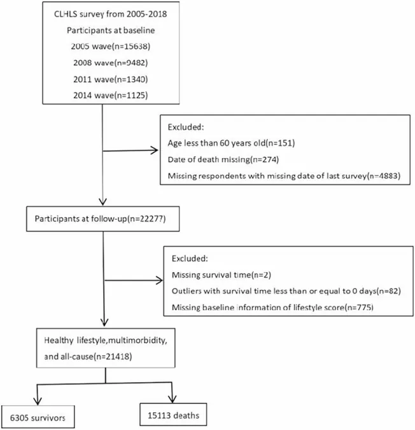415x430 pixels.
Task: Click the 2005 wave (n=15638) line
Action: click(x=110, y=47)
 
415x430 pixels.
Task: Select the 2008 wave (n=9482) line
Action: click(x=110, y=63)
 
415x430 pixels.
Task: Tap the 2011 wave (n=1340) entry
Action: click(x=110, y=79)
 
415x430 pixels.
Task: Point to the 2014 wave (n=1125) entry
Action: click(x=110, y=95)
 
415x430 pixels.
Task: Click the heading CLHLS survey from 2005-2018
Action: click(x=110, y=14)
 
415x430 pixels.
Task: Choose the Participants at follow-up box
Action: click(x=102, y=219)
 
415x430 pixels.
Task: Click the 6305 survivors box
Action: click(x=38, y=417)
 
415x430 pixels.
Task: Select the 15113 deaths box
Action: click(x=173, y=414)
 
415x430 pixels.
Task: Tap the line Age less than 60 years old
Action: click(x=231, y=143)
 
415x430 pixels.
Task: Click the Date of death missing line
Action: click(x=223, y=159)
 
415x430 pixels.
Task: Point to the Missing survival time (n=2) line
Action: click(x=222, y=275)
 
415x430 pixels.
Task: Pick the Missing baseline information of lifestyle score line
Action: click(x=272, y=308)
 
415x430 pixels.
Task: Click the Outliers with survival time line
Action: click(x=286, y=291)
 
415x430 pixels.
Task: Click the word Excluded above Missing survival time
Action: click(x=190, y=259)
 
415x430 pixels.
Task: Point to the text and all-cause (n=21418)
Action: click(x=88, y=357)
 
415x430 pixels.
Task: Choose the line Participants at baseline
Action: click(x=111, y=30)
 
